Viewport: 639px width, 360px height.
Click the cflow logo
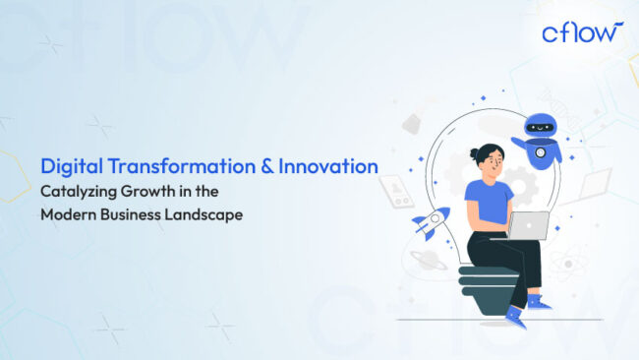[x=582, y=32]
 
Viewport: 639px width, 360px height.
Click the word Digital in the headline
[x=68, y=167]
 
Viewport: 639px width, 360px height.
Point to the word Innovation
[x=328, y=167]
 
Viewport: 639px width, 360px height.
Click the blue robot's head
[x=542, y=127]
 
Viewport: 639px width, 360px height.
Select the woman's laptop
[x=529, y=225]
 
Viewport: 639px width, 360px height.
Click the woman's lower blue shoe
[x=514, y=315]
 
